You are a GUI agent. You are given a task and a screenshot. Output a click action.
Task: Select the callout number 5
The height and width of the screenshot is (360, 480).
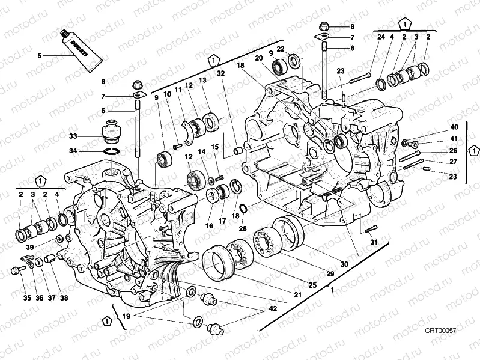pos(40,55)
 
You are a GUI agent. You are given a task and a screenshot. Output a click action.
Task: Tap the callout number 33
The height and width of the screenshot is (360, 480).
pos(73,136)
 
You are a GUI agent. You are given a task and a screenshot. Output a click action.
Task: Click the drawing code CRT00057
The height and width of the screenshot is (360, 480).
pos(441,331)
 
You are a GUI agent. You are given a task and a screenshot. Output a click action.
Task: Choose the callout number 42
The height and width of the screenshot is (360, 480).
pos(273,309)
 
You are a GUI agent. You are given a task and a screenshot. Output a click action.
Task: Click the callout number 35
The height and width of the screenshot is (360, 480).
pos(26,297)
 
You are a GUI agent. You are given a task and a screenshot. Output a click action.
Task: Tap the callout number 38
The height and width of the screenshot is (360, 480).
pos(64,297)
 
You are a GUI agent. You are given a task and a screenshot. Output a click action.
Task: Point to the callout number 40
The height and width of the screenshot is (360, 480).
pos(454,127)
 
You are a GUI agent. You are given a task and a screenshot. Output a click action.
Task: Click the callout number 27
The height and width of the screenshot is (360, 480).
pos(454,162)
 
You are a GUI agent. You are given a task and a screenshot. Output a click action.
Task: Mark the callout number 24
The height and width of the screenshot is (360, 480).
pos(380,38)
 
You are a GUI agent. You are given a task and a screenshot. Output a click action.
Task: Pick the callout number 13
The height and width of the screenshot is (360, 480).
pos(202,81)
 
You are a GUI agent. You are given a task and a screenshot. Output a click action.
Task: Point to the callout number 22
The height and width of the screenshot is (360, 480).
pos(281,49)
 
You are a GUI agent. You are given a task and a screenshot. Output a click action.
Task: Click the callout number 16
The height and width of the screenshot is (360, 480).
pos(210,226)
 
